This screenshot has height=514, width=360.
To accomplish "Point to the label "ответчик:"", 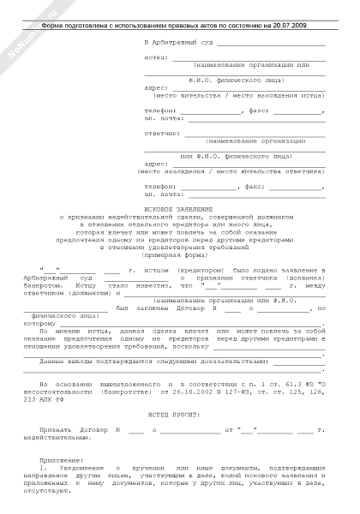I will (160, 133).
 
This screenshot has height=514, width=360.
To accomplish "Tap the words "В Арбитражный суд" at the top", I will (181, 41).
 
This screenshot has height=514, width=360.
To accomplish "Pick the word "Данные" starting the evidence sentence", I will (54, 362).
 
